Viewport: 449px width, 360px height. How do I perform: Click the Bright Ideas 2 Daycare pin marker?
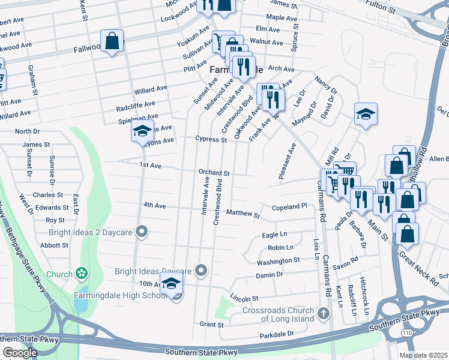tap(142, 230)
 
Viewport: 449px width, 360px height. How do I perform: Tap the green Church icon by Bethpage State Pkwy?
tap(81, 274)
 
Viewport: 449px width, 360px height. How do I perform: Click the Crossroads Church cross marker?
tap(324, 313)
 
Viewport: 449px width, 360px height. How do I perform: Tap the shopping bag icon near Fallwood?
tap(112, 41)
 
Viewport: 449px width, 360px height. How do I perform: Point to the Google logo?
tap(20, 353)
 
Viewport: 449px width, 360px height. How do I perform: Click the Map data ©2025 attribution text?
tap(423, 355)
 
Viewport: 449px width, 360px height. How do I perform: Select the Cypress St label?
tap(211, 139)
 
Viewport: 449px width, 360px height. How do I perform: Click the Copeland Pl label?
tap(289, 206)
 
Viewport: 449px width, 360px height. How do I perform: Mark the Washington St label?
tap(278, 260)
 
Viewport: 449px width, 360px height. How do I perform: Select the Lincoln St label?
tap(244, 298)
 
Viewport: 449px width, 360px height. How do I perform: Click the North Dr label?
tap(27, 131)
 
